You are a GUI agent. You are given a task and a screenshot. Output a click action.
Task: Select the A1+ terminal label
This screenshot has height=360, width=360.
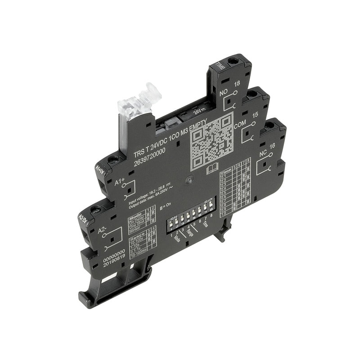coord(119,182)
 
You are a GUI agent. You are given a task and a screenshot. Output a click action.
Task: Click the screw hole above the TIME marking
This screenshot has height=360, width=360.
coord(233,61)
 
